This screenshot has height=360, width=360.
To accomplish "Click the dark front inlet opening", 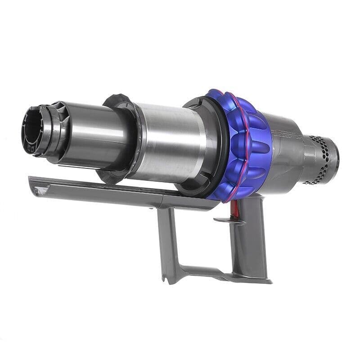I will pyautogui.click(x=31, y=129).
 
